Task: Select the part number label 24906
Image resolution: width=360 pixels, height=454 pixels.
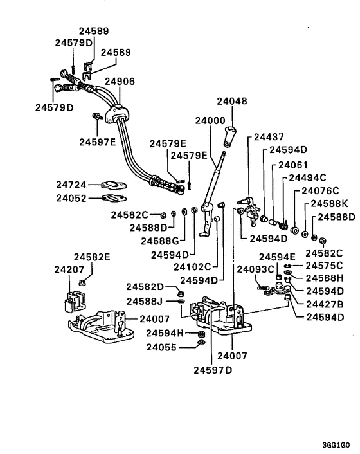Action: click(120, 82)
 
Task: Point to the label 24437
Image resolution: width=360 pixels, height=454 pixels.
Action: click(269, 137)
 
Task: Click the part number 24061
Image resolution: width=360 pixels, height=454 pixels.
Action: click(293, 165)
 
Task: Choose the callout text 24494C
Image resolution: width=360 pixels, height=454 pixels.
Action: click(307, 177)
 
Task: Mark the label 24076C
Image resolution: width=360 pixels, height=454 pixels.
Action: click(319, 191)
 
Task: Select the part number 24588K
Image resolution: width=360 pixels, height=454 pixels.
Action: click(329, 203)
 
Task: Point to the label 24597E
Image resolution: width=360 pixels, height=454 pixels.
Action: click(98, 141)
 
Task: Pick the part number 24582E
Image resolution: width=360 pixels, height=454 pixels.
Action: click(91, 257)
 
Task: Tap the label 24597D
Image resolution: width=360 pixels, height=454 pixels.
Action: click(212, 370)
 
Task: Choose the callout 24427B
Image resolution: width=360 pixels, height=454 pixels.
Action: click(324, 304)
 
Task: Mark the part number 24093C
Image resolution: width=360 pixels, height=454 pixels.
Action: click(256, 269)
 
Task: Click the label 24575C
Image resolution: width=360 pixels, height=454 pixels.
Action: click(324, 265)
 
